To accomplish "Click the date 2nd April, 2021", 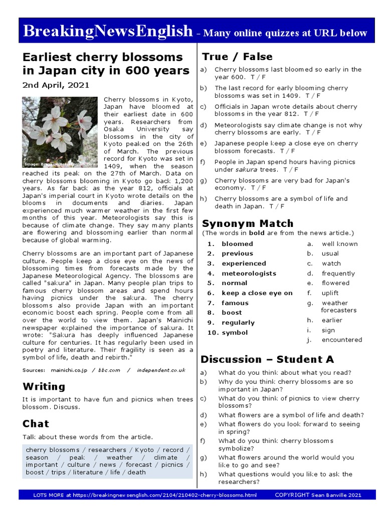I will tap(56, 85).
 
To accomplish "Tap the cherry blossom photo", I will tap(60, 132).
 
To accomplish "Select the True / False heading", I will tap(237, 57).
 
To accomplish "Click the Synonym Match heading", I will tap(247, 223).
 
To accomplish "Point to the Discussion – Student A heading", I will tap(267, 359).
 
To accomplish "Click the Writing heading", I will tap(44, 386).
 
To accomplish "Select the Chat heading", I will tap(36, 424).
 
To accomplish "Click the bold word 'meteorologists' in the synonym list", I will tap(249, 274).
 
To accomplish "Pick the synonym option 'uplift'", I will tap(330, 293).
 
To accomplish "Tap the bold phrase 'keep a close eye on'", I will tap(257, 293).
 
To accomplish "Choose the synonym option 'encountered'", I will tap(341, 340).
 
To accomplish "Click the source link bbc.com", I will tap(110, 370).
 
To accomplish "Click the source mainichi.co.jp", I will tap(69, 370).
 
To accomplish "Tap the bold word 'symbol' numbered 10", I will tap(234, 333).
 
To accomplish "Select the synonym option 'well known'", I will tap(339, 244).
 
